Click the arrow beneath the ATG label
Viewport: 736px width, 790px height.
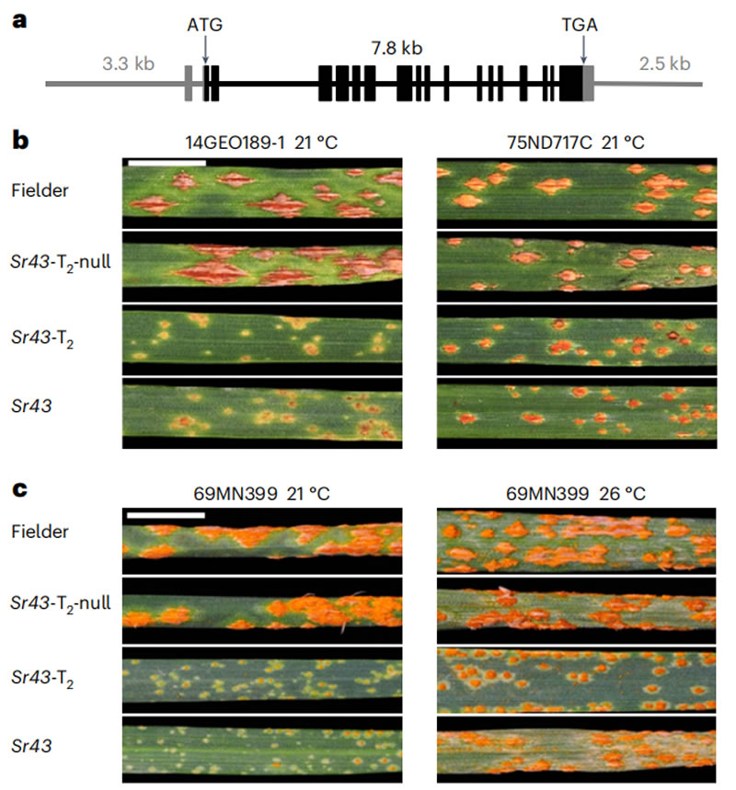coord(205,52)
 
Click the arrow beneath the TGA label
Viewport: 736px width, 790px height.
coord(581,52)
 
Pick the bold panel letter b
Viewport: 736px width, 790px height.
coord(20,141)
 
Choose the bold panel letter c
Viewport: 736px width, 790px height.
coord(19,490)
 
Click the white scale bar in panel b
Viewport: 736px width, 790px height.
coord(167,162)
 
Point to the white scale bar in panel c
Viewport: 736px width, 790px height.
coord(167,514)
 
